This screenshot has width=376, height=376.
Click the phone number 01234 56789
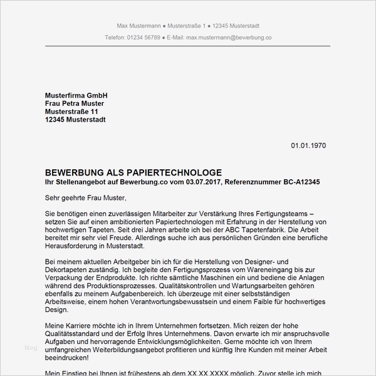(x=143, y=38)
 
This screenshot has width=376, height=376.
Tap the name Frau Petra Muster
(x=75, y=103)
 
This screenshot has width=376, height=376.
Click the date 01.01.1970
(x=308, y=145)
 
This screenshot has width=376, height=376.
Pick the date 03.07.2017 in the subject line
(x=204, y=182)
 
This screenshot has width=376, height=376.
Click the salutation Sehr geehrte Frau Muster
(x=86, y=198)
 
